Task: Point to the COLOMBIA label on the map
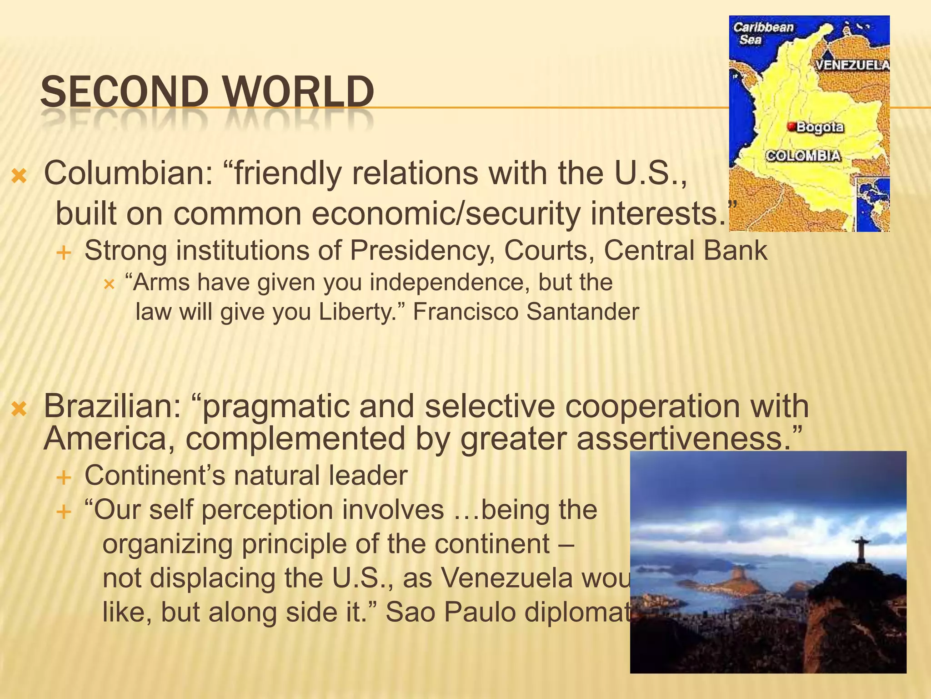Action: [803, 156]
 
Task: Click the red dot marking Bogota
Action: [791, 126]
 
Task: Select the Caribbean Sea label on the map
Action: [763, 33]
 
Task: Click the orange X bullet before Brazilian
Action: [19, 409]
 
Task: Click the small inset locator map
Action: [871, 204]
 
